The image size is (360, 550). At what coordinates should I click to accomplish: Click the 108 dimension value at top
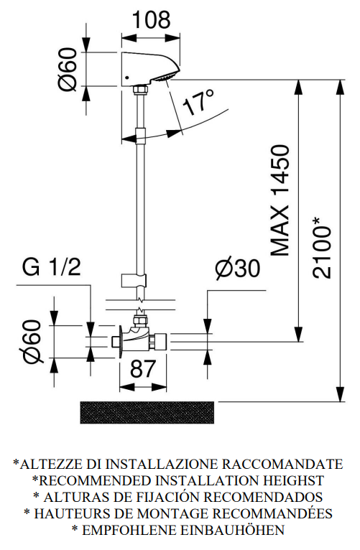point(152,20)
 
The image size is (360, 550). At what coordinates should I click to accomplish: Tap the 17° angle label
point(198,103)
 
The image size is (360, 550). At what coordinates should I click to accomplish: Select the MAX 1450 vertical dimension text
point(281,200)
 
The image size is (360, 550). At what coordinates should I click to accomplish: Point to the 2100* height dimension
point(322,248)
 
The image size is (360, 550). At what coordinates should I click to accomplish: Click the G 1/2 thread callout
point(52,267)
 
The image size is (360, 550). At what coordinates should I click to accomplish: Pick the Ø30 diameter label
point(238,269)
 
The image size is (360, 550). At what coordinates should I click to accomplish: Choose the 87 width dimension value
point(142,368)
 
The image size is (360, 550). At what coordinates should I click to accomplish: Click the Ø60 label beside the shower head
point(67,70)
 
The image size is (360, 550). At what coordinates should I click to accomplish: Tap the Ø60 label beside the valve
point(33,341)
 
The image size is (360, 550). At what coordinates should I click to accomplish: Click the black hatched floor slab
point(147,412)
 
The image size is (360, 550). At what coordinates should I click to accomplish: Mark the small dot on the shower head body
point(127,78)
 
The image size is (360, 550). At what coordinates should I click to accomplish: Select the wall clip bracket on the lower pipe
point(134,280)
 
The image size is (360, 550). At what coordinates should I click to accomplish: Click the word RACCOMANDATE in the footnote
point(282,464)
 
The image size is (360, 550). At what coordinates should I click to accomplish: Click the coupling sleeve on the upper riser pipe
point(140,136)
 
